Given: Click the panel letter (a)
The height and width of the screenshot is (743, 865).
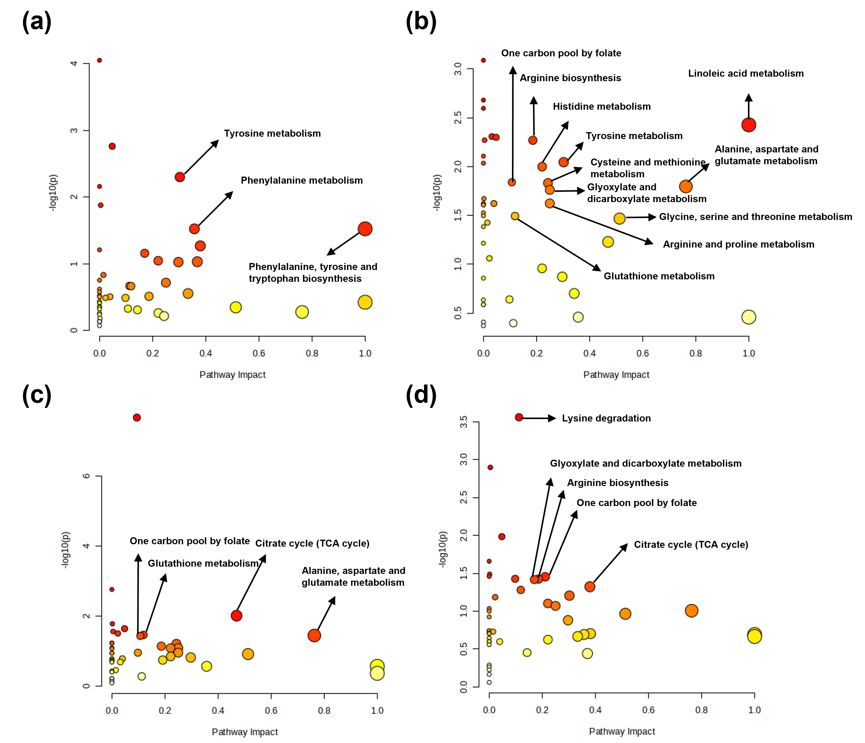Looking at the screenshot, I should click(37, 22).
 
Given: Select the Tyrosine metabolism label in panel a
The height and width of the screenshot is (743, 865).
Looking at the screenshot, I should click(272, 134).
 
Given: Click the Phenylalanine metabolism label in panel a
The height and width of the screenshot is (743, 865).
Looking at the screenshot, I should click(301, 180).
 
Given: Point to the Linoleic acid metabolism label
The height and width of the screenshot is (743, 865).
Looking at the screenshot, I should click(746, 73).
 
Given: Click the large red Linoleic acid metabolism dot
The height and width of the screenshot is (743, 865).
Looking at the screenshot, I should click(749, 125).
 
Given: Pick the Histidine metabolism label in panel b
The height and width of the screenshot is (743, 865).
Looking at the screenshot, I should click(601, 106).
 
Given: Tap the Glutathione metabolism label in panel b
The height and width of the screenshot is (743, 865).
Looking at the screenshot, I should click(659, 276).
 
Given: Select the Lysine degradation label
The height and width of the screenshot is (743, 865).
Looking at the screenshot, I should click(606, 418).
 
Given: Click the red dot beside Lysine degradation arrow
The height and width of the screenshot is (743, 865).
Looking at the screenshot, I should click(519, 417).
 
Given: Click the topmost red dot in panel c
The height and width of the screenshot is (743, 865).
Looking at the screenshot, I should click(136, 418).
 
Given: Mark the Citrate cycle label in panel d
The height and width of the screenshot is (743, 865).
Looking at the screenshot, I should click(691, 545).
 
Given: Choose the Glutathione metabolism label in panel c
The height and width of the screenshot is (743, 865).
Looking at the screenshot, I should click(203, 563).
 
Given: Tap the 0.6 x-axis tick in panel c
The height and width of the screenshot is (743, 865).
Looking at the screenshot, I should click(271, 711).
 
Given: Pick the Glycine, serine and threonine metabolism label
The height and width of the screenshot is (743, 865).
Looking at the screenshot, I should click(755, 217).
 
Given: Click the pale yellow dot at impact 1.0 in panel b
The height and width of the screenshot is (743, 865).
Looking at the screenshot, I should click(749, 317).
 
